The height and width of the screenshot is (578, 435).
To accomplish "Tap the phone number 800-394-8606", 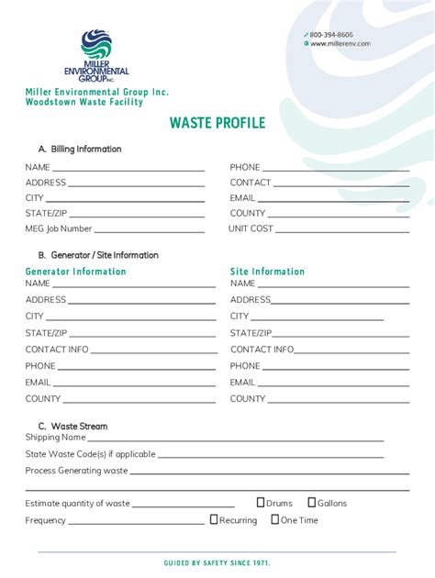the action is (x=330, y=34).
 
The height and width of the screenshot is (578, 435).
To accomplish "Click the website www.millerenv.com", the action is (x=340, y=43).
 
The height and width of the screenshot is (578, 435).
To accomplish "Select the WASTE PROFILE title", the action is (x=217, y=123).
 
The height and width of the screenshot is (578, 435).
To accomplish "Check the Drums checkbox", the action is (x=261, y=502).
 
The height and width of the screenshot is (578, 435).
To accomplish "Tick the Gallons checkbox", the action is (x=312, y=502).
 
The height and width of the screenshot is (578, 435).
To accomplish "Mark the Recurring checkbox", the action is (x=214, y=519).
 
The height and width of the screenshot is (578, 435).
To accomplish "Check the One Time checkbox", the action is (x=274, y=519).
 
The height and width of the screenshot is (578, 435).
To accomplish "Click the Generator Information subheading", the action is (x=75, y=272).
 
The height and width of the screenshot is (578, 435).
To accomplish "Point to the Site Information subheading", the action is (x=267, y=272).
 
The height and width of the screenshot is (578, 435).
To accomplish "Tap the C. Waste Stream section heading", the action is (x=72, y=426).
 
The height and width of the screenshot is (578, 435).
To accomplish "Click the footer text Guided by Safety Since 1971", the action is (x=217, y=562).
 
